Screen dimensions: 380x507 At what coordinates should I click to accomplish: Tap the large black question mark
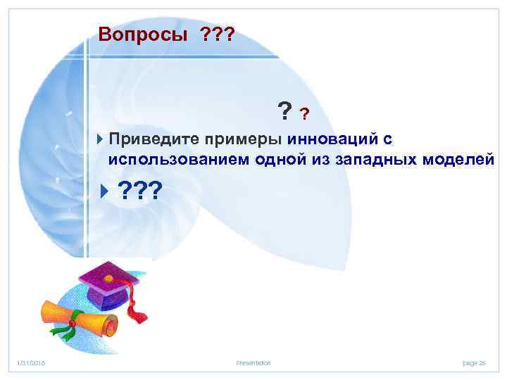285,110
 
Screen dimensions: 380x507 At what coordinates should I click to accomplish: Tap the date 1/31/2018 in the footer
30,363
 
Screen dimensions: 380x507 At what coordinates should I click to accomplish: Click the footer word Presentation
254,363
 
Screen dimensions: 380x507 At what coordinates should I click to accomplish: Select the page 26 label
474,363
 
